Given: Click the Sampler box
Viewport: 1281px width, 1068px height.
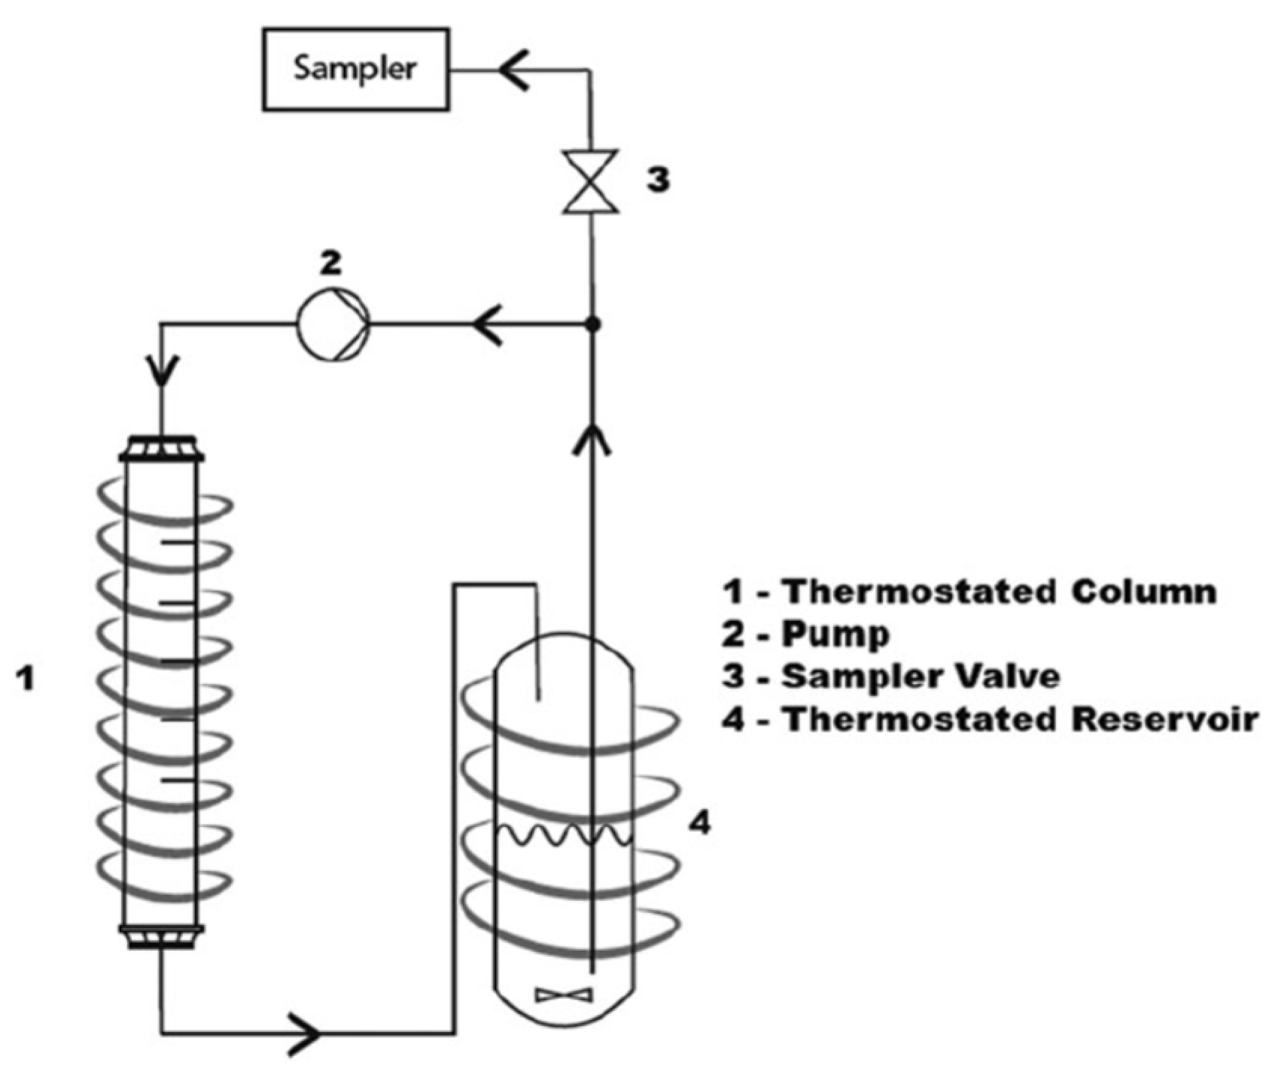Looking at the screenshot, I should [355, 69].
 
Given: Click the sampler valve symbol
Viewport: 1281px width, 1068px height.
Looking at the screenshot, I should [592, 181].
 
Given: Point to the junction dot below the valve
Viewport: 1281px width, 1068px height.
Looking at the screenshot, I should [593, 324].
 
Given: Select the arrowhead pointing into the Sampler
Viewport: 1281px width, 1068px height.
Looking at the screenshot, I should [515, 71].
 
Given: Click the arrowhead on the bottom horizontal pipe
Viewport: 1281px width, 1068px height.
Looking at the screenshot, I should [304, 1033].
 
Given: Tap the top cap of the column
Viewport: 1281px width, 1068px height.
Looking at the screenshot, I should [162, 449].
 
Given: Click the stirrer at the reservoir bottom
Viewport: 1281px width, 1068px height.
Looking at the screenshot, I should [564, 995].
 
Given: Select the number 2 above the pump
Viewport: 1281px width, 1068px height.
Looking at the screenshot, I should [330, 263].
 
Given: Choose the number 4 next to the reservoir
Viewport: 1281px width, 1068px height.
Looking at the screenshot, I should [699, 825].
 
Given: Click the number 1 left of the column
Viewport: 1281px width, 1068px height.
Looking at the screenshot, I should [26, 680].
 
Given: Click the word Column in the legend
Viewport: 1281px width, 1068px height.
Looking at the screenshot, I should [1144, 592].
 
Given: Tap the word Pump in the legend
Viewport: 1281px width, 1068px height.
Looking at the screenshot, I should [835, 634].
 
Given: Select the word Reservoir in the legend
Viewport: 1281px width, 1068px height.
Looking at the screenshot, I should [1164, 720].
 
